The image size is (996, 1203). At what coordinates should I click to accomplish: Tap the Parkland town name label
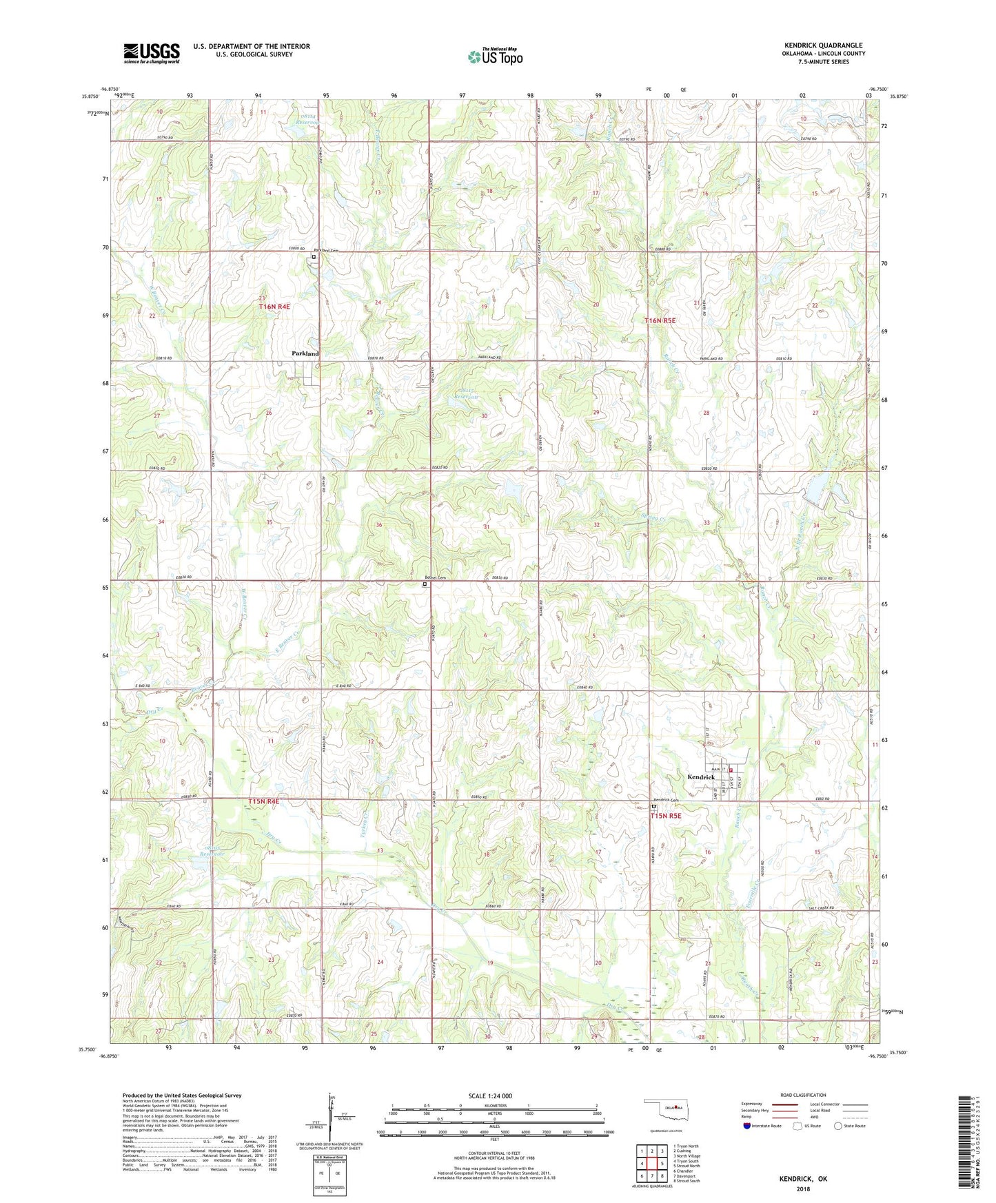[305, 353]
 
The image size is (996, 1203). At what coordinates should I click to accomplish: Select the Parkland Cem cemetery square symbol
[314, 257]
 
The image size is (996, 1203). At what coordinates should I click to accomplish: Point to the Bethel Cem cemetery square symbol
[425, 584]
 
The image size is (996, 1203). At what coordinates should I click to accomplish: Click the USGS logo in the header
[152, 53]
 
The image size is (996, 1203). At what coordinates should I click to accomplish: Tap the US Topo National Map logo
[495, 56]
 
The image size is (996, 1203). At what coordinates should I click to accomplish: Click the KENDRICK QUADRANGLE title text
[823, 45]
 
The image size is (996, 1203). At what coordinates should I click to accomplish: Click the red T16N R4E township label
[274, 307]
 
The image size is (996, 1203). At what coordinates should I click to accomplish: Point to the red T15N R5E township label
[666, 816]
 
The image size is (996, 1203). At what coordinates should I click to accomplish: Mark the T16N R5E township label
[660, 321]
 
